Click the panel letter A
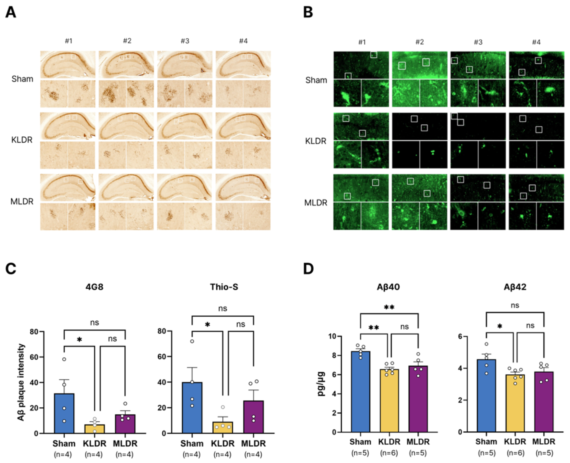tap(11, 12)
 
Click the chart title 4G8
tap(94, 287)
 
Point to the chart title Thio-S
tap(224, 287)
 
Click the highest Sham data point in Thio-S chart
tap(192, 341)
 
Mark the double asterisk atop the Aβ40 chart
tap(389, 307)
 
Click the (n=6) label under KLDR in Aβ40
tap(389, 453)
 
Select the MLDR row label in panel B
tap(316, 203)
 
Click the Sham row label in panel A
tap(22, 79)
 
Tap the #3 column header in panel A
tap(185, 41)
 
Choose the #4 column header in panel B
tap(536, 42)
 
